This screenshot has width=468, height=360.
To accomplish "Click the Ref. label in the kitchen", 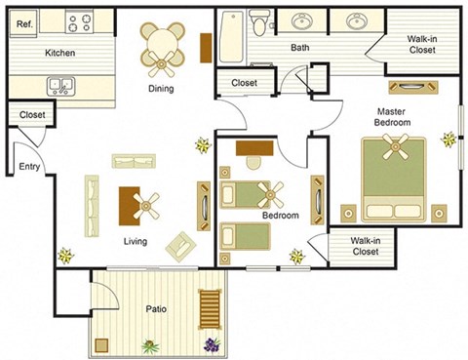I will (x=22, y=20).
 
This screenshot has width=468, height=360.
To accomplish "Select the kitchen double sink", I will (x=61, y=86).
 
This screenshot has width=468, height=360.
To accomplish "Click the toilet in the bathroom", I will (x=259, y=23).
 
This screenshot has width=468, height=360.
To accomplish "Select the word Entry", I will (x=29, y=167).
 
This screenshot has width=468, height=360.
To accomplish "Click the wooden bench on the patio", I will (x=210, y=310).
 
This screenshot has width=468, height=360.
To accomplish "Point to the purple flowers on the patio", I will (x=212, y=344).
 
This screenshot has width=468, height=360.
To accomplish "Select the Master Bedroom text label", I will (x=393, y=116).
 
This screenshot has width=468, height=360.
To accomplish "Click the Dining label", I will (x=161, y=89).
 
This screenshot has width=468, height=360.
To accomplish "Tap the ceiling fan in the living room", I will (x=147, y=204).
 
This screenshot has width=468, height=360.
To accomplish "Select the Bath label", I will (x=299, y=47).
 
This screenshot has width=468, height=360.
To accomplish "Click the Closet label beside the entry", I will (x=32, y=115).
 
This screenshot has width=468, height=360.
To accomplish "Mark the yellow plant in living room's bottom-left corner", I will (x=65, y=256).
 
